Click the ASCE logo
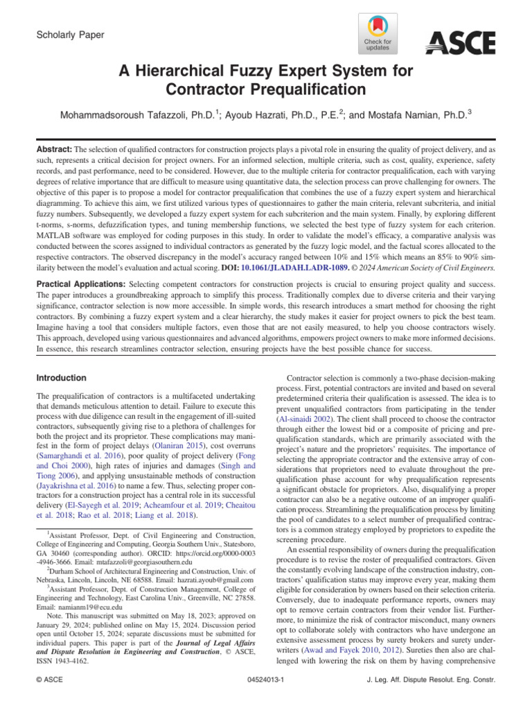point(460,44)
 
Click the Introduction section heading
point(61,378)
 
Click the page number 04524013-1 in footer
point(266,698)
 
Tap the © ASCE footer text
point(50,698)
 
